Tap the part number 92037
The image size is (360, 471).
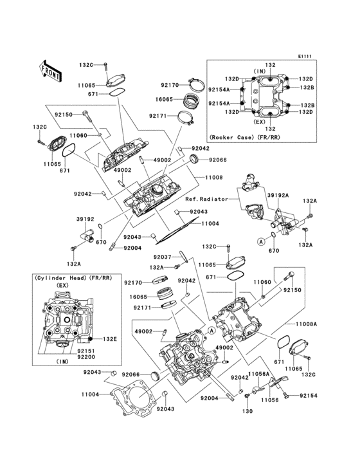point(163,256)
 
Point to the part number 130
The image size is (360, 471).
point(246,410)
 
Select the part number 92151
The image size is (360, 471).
point(67,351)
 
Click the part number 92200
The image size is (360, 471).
point(67,357)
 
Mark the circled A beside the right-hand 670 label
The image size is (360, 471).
point(261,241)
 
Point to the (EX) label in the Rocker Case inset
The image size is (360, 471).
point(260,120)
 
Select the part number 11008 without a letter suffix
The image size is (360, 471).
point(214,176)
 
